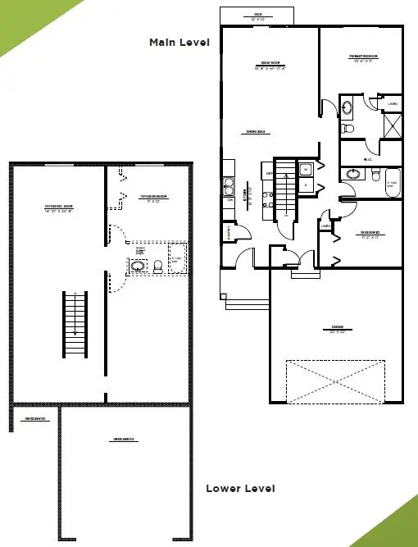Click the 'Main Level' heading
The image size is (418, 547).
pos(179,42)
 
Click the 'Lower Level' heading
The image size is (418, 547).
pos(240,488)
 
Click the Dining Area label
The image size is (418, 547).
pos(258,132)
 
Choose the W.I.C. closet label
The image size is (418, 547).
pos(361,149)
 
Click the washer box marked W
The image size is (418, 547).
pos(305,170)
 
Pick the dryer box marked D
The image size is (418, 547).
pos(305,185)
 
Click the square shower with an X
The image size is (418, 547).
pos(393,125)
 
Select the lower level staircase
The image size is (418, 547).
pos(75,323)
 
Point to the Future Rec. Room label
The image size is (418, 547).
pos(58,207)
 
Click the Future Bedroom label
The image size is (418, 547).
pos(154,197)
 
